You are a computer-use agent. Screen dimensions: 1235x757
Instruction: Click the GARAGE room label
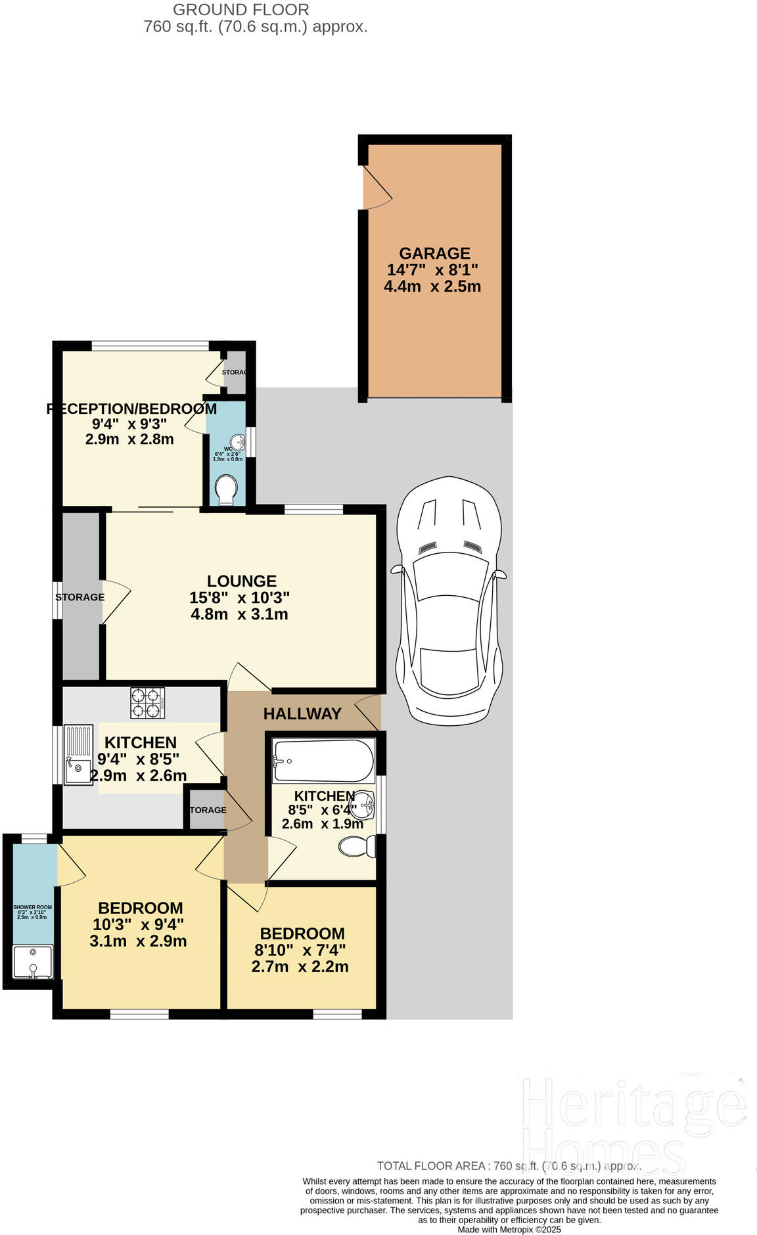434,253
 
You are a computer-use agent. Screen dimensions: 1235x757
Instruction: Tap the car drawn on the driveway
449,598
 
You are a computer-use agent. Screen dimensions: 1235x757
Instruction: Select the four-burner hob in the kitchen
147,702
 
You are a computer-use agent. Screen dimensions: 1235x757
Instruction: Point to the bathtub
323,761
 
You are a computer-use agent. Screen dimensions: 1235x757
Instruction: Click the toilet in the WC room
225,489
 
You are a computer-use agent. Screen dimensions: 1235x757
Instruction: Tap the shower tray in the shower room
34,962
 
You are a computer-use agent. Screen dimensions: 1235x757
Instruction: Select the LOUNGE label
242,581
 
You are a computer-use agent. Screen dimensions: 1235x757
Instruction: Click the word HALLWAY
302,713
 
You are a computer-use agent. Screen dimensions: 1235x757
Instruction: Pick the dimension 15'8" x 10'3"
239,598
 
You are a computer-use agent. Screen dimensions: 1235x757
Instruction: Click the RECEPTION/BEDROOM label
131,409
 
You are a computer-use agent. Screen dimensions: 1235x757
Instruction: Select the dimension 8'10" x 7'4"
300,950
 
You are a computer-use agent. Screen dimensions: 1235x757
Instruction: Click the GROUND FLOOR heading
241,10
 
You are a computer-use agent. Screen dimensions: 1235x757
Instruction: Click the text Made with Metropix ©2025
509,1229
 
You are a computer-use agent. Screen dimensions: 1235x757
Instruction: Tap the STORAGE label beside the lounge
80,597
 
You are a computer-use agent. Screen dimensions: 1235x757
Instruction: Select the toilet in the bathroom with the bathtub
357,846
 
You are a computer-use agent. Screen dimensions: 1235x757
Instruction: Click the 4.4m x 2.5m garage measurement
432,286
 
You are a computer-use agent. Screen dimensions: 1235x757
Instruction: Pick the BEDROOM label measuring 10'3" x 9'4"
141,908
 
